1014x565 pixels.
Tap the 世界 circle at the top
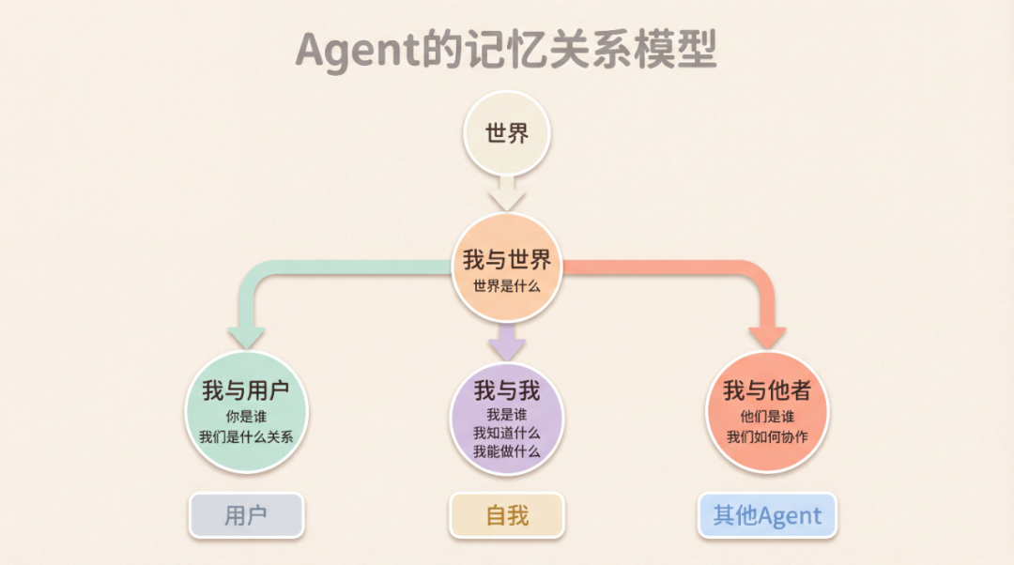pyautogui.click(x=507, y=133)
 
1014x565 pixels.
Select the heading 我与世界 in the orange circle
pyautogui.click(x=507, y=260)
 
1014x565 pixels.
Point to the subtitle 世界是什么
pyautogui.click(x=507, y=285)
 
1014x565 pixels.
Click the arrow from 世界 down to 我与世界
pyautogui.click(x=507, y=193)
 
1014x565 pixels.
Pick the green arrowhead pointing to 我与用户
pyautogui.click(x=246, y=335)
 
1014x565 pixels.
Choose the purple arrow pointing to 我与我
pyautogui.click(x=507, y=340)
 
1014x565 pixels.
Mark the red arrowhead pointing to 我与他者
pyautogui.click(x=767, y=335)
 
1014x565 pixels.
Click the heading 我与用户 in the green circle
pyautogui.click(x=246, y=389)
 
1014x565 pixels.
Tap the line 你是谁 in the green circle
pyautogui.click(x=246, y=416)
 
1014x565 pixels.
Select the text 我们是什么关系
pyautogui.click(x=246, y=436)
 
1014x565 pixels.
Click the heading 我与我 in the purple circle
pyautogui.click(x=507, y=389)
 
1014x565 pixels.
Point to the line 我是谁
pyautogui.click(x=507, y=414)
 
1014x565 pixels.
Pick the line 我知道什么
pyautogui.click(x=507, y=433)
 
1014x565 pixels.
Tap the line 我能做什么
pyautogui.click(x=507, y=451)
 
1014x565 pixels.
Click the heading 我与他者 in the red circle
pyautogui.click(x=767, y=389)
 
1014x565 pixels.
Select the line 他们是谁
pyautogui.click(x=767, y=416)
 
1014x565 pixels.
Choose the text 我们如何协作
pyautogui.click(x=767, y=436)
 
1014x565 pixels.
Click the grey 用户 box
pyautogui.click(x=246, y=515)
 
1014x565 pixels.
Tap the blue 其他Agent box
pyautogui.click(x=767, y=515)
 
